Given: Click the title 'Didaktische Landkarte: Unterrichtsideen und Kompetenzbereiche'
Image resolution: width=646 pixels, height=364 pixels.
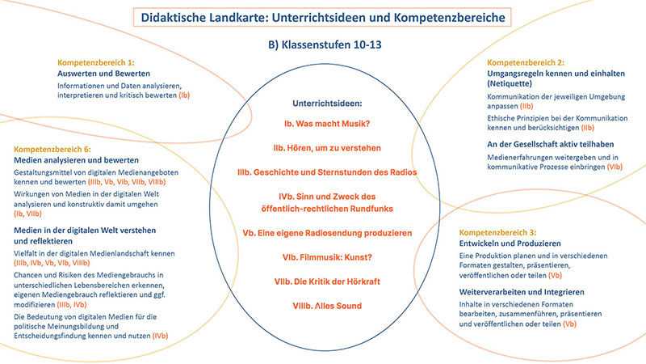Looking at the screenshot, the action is [322, 18].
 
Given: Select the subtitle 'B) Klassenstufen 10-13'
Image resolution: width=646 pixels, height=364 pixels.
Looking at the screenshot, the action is [325, 44].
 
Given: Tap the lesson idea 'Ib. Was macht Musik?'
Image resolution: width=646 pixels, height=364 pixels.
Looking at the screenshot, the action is [327, 124].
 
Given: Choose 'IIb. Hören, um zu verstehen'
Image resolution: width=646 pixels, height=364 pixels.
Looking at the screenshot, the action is [327, 148].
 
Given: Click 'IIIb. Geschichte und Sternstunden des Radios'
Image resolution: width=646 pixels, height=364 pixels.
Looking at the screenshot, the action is [327, 172].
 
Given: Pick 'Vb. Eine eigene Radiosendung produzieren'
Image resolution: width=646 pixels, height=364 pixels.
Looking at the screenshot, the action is [327, 233].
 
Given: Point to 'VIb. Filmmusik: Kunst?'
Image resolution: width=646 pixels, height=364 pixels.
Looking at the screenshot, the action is [327, 257].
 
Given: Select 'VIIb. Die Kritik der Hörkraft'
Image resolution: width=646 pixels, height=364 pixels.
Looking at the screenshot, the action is [327, 281].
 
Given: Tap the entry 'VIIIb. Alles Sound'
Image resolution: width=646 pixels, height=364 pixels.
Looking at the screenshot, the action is [327, 306].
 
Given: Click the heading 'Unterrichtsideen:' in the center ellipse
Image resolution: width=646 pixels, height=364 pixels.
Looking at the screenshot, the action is [327, 104].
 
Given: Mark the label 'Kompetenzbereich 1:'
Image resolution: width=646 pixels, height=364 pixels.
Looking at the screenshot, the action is [96, 63].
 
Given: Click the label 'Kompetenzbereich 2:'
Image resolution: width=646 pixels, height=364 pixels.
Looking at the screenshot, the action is [526, 63].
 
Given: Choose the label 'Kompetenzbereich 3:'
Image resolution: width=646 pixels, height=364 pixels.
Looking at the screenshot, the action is [497, 232].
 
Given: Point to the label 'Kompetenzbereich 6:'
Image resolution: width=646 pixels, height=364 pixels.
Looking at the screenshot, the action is [52, 149].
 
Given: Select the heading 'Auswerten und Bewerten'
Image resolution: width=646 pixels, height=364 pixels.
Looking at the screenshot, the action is [104, 74].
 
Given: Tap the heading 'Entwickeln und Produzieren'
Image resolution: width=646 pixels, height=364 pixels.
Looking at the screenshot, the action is [510, 243].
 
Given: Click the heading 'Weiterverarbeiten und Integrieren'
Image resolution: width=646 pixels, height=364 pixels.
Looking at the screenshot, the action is [522, 292].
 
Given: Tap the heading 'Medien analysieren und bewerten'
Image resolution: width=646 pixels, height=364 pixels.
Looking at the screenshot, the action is [76, 160].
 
